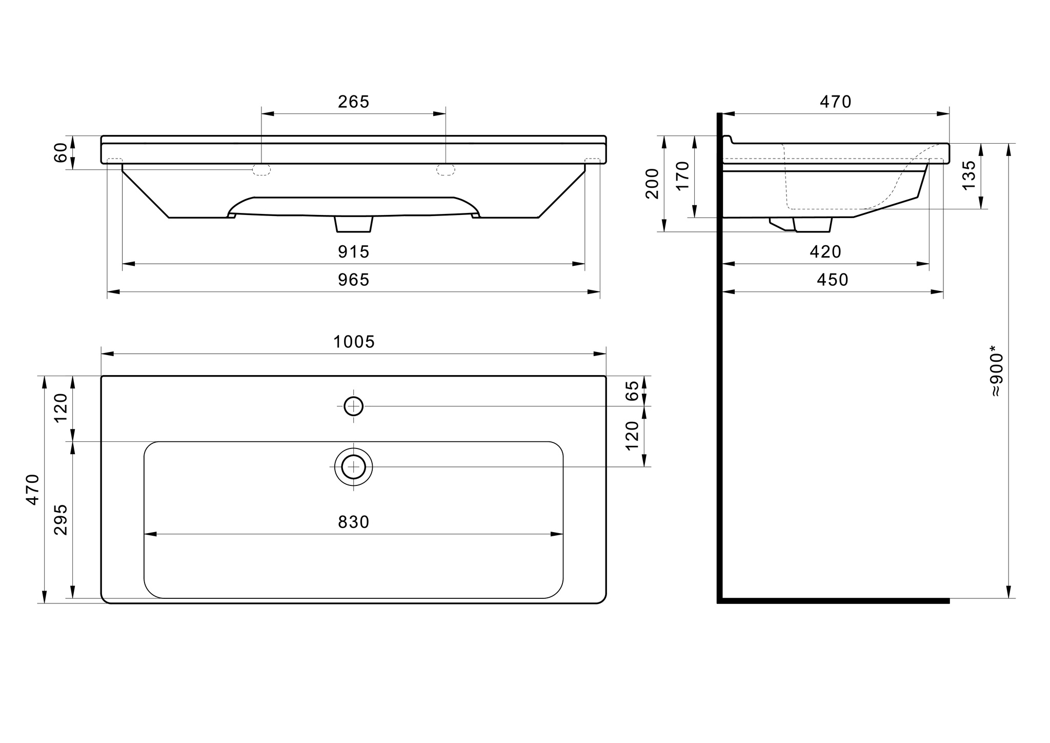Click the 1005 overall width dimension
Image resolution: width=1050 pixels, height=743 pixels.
pyautogui.click(x=354, y=342)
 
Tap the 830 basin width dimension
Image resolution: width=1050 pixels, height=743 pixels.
pyautogui.click(x=354, y=522)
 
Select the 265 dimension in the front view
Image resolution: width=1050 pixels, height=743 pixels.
pyautogui.click(x=354, y=102)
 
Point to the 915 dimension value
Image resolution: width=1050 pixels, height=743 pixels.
pyautogui.click(x=354, y=252)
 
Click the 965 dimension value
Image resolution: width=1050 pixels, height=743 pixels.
pyautogui.click(x=354, y=280)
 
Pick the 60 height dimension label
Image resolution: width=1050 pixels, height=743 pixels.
pyautogui.click(x=60, y=153)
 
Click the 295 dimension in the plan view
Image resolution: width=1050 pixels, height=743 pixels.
pyautogui.click(x=60, y=519)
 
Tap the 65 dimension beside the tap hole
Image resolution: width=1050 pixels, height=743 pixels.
pyautogui.click(x=633, y=390)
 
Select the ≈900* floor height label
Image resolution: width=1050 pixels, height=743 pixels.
pyautogui.click(x=996, y=375)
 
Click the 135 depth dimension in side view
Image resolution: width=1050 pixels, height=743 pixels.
pyautogui.click(x=969, y=175)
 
